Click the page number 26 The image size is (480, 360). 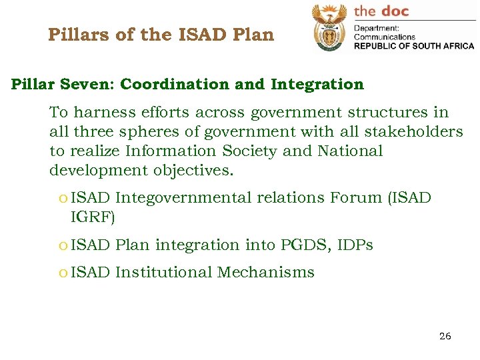click(x=445, y=336)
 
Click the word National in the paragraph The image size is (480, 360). click(x=350, y=151)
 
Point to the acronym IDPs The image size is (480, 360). click(x=355, y=245)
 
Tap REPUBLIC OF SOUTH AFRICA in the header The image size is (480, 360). click(x=413, y=46)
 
